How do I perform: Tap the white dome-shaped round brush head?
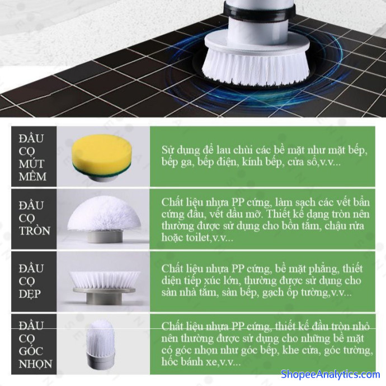[105, 214]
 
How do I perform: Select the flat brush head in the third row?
[105, 288]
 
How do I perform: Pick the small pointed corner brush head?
[101, 345]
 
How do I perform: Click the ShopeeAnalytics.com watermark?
[330, 374]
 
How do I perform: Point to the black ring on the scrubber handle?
[259, 12]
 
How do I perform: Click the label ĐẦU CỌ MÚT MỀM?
[32, 157]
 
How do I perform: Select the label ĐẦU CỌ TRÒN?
[35, 218]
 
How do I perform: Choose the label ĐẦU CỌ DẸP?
[31, 281]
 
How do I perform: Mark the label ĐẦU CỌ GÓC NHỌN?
[35, 345]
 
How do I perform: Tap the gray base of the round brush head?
[105, 236]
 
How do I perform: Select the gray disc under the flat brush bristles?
[104, 290]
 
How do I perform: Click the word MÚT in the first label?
[31, 164]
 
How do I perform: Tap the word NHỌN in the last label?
[35, 364]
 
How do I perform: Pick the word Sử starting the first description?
[168, 150]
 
